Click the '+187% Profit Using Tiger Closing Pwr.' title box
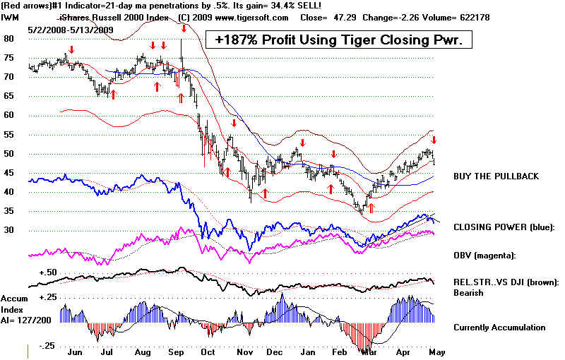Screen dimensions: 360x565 click(338, 40)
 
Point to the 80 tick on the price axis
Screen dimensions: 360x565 click(9, 39)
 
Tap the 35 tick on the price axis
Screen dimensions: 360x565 click(9, 211)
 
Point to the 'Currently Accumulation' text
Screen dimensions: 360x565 click(500, 328)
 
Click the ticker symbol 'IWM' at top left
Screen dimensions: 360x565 click(10, 17)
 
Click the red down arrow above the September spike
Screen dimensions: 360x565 click(184, 28)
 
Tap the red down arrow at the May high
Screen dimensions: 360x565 click(434, 140)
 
